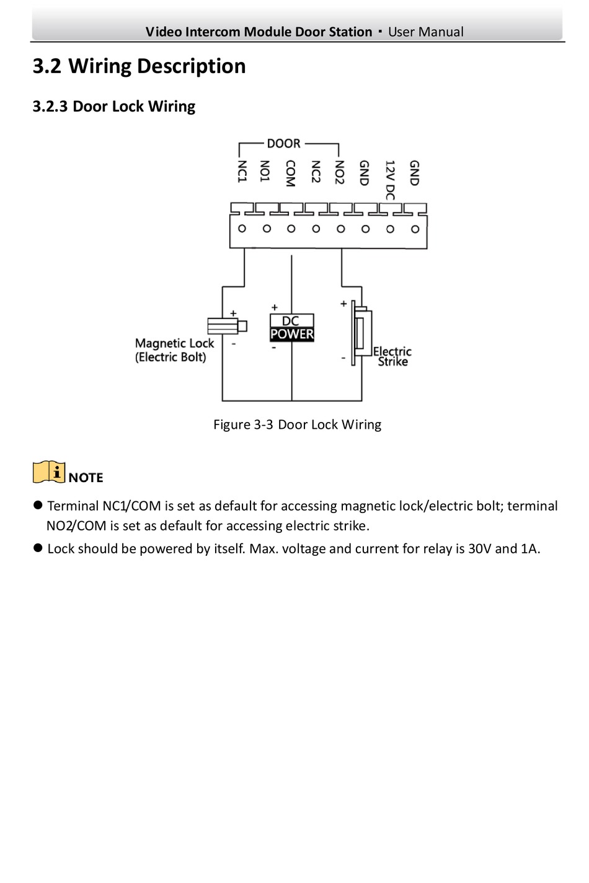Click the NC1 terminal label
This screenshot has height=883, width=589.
(242, 171)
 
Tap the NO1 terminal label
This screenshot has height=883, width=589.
(264, 171)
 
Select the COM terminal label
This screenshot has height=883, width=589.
(290, 173)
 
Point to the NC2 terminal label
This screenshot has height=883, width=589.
(315, 172)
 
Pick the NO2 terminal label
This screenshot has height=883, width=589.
(339, 172)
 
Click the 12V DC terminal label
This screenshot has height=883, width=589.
(390, 180)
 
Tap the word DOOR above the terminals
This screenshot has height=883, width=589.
(284, 144)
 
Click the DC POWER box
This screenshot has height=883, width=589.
(292, 328)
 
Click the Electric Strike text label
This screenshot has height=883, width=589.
(392, 357)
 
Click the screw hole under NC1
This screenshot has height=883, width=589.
(242, 229)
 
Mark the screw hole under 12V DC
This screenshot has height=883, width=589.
(390, 229)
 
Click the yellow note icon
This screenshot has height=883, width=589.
(49, 472)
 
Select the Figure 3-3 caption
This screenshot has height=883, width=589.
(298, 424)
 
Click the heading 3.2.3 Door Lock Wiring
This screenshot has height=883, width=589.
(114, 107)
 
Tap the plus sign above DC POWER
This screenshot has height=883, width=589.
(275, 307)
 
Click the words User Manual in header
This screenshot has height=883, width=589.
(426, 32)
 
